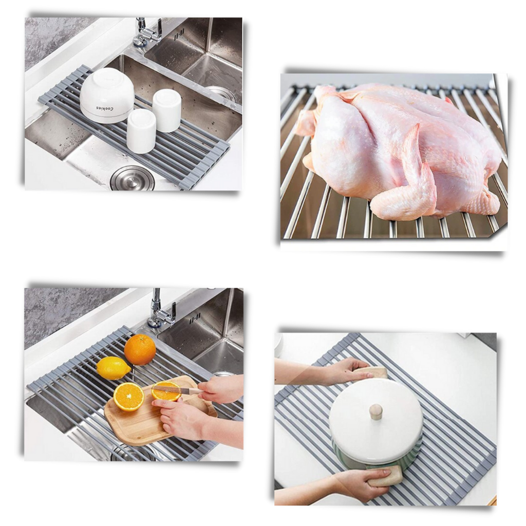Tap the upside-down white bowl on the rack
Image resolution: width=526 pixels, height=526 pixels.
point(107,92)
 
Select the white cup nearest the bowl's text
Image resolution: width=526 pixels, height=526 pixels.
point(141,130)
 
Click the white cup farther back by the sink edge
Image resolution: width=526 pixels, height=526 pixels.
point(166,110)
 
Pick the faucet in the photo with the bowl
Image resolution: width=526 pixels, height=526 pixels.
point(146,33)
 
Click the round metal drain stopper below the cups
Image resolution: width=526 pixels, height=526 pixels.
point(132,178)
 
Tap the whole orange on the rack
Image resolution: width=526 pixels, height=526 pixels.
point(140,349)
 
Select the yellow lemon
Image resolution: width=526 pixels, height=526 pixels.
point(113,368)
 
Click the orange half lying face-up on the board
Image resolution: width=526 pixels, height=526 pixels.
point(128,397)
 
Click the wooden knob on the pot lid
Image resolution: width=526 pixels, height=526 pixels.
point(376,411)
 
